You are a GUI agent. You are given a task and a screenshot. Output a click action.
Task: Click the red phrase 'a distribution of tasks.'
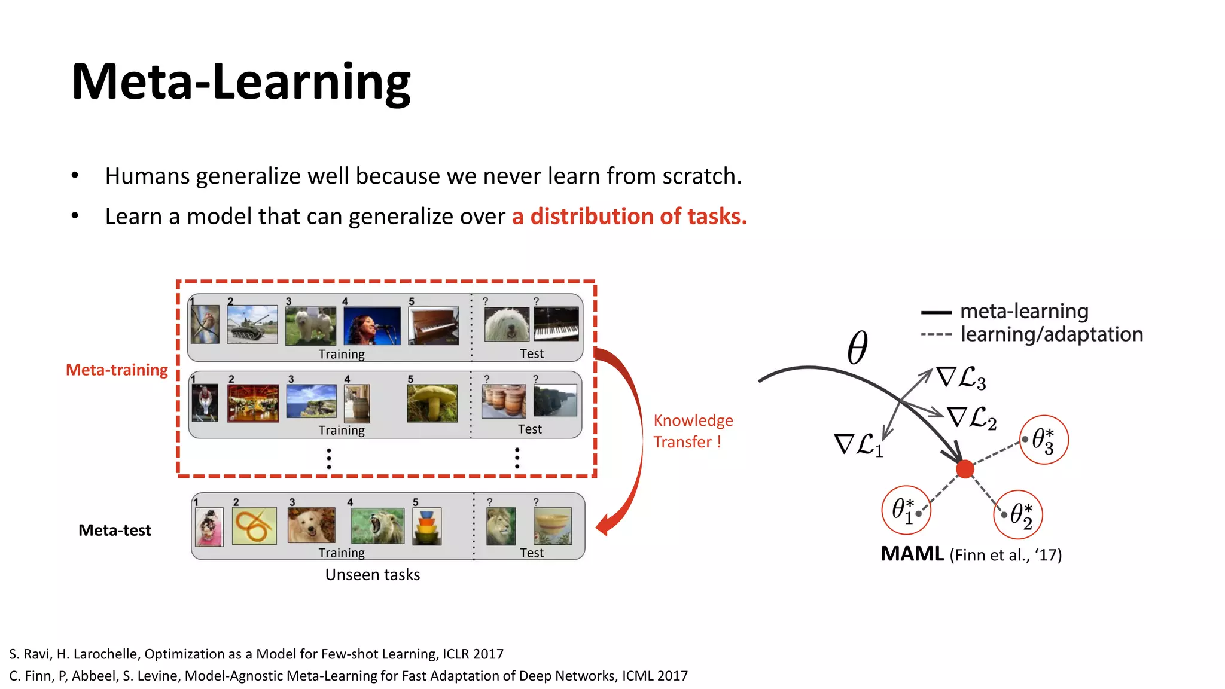click(629, 217)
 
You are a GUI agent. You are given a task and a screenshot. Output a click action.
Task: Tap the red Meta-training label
click(117, 370)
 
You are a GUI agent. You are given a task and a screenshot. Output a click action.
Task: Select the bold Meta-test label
click(114, 531)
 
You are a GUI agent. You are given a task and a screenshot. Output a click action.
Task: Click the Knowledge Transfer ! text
click(692, 431)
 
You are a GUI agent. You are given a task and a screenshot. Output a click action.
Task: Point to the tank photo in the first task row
click(252, 324)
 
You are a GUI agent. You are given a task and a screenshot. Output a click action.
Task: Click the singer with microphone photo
click(371, 325)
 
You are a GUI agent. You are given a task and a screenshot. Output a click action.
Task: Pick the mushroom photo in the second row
click(432, 403)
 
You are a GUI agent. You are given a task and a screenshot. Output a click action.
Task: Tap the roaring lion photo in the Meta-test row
click(377, 526)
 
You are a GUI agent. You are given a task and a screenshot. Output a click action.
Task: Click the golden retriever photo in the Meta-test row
click(311, 525)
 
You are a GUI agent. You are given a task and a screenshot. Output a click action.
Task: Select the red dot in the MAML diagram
click(965, 470)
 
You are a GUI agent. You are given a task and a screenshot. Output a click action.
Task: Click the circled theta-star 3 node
click(1044, 440)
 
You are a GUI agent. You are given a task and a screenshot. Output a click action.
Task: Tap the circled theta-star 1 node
click(906, 510)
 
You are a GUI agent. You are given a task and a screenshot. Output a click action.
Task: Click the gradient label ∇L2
click(971, 417)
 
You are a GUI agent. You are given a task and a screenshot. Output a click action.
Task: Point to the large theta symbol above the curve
click(857, 347)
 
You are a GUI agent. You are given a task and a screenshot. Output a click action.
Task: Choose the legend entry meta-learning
click(1023, 312)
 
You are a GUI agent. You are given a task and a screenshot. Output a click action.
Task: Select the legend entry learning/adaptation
click(1051, 334)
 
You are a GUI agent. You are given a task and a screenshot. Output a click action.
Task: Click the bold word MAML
click(912, 554)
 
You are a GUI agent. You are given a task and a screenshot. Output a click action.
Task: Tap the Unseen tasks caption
click(372, 575)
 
